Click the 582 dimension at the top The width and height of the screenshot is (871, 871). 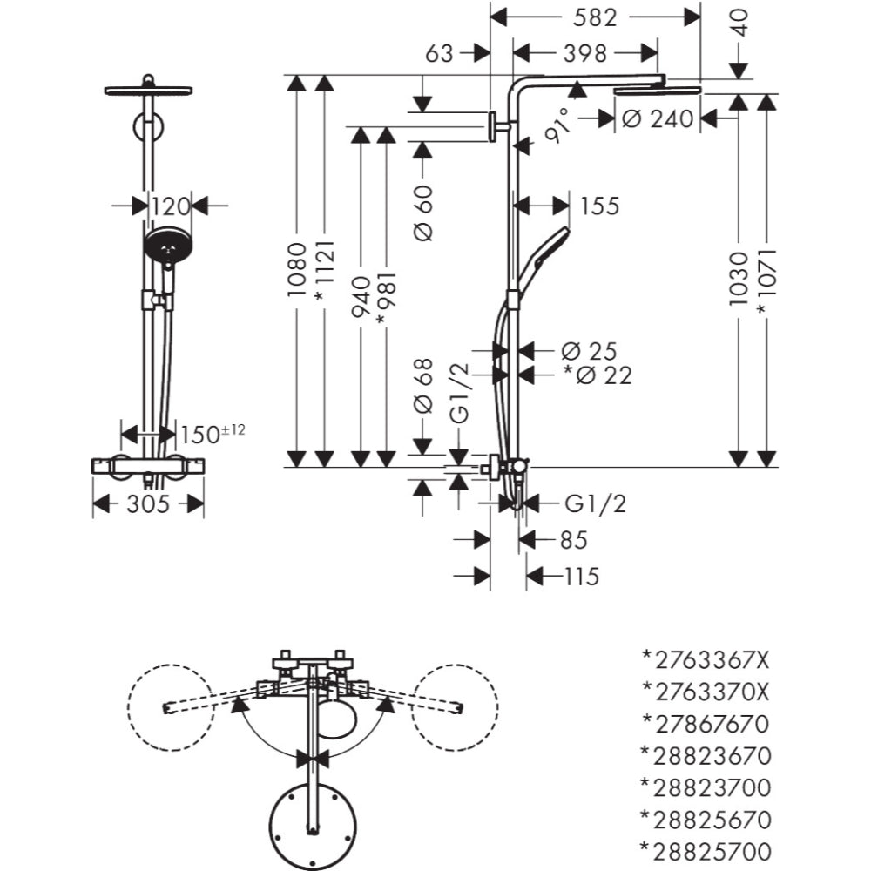pyautogui.click(x=597, y=17)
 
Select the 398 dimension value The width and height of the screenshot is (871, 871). pyautogui.click(x=584, y=53)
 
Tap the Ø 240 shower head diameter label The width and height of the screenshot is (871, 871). pyautogui.click(x=658, y=118)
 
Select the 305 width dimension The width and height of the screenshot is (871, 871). pyautogui.click(x=148, y=503)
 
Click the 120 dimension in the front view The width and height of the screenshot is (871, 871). pyautogui.click(x=170, y=206)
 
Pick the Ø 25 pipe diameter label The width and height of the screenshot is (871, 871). pyautogui.click(x=589, y=351)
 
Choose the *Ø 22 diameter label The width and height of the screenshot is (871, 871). pyautogui.click(x=597, y=375)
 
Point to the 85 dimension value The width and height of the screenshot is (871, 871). pyautogui.click(x=573, y=540)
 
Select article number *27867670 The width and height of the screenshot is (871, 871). pyautogui.click(x=706, y=722)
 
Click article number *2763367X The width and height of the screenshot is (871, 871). pyautogui.click(x=706, y=658)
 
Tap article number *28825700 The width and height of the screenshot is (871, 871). pyautogui.click(x=706, y=851)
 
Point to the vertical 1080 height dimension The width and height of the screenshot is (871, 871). pyautogui.click(x=298, y=271)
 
